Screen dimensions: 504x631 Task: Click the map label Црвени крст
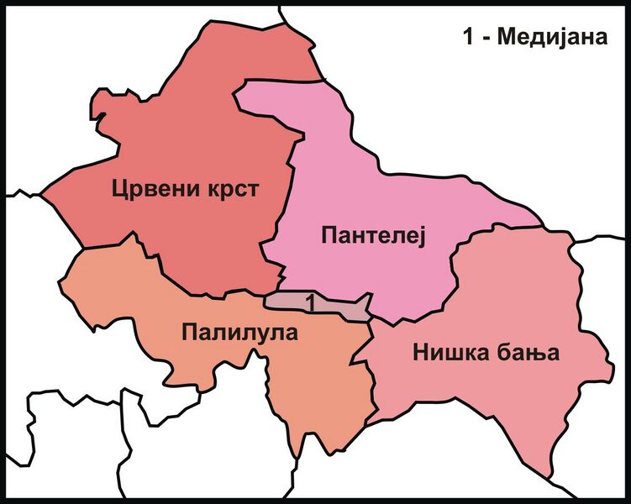[x=184, y=190]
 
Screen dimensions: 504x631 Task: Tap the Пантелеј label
[x=374, y=237]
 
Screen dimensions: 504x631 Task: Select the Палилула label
[x=239, y=333]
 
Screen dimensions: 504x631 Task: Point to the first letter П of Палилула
[x=187, y=333]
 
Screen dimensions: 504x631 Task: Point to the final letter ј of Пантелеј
[x=423, y=239]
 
